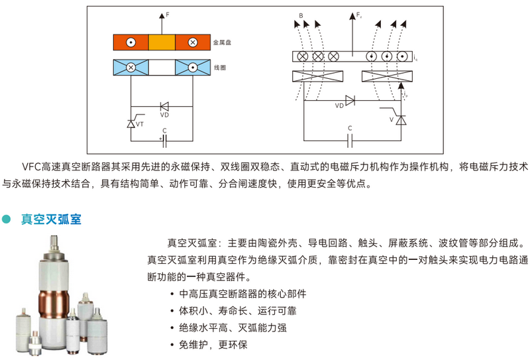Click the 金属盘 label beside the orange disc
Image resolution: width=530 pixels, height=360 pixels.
222,42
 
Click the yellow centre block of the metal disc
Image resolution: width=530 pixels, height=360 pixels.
161,42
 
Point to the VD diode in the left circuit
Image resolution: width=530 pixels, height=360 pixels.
164,106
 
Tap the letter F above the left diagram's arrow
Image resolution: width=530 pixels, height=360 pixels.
169,13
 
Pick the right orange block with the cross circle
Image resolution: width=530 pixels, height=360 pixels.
193,42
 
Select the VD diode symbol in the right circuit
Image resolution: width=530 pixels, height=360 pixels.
350,101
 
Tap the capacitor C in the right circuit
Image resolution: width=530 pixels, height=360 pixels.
350,139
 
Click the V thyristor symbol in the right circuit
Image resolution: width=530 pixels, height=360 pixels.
400,119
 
